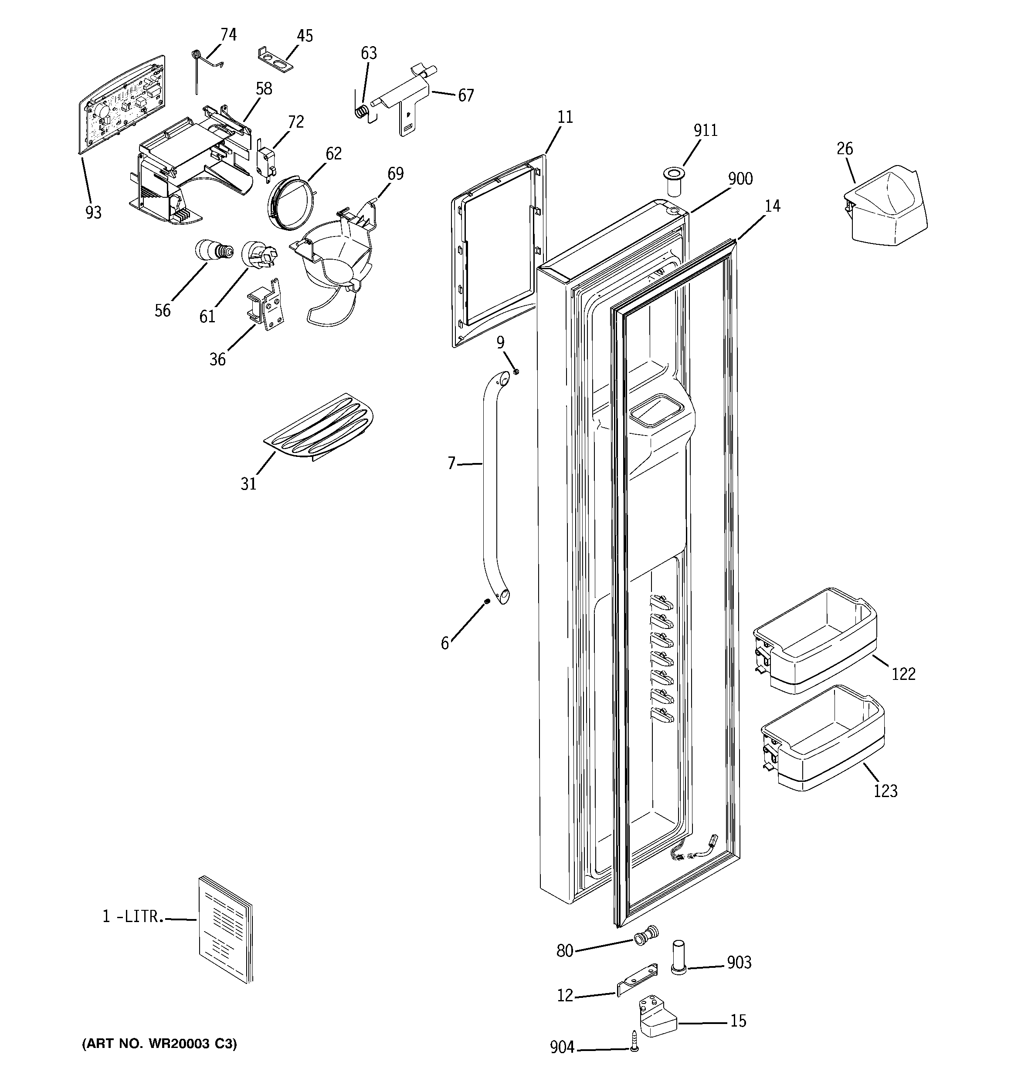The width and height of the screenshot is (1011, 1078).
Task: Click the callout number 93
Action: pyautogui.click(x=93, y=213)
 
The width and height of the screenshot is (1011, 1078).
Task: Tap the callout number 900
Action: pyautogui.click(x=740, y=179)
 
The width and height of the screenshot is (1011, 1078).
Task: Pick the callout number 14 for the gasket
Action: pyautogui.click(x=772, y=206)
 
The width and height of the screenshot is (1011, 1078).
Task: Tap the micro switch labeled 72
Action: pyautogui.click(x=265, y=162)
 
